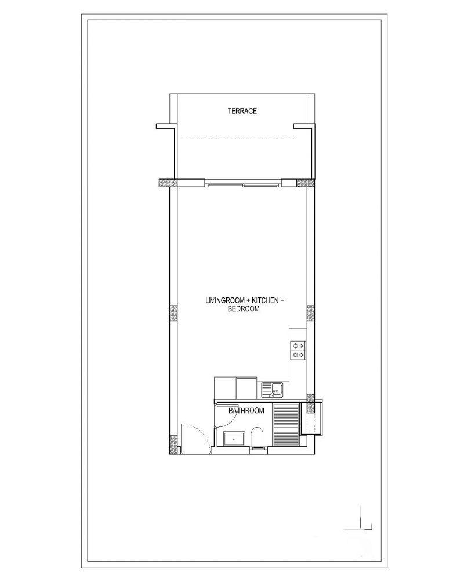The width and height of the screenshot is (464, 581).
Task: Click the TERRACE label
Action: (242, 111)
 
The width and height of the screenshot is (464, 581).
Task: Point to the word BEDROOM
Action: (244, 309)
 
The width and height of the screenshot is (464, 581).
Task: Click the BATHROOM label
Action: (246, 411)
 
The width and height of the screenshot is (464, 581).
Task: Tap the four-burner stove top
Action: (298, 350)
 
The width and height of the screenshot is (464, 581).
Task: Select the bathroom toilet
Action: (256, 438)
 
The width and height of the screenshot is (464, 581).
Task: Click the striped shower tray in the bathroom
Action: (286, 425)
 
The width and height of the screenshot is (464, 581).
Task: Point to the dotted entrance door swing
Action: (200, 434)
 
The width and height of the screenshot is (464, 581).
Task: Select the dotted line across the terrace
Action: (238, 139)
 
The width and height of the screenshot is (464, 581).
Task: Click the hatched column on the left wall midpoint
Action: (173, 313)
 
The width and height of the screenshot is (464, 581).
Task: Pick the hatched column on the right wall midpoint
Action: (311, 313)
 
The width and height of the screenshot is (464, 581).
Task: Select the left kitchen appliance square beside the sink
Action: (225, 388)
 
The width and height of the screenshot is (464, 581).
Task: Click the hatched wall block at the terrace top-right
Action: (306, 182)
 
